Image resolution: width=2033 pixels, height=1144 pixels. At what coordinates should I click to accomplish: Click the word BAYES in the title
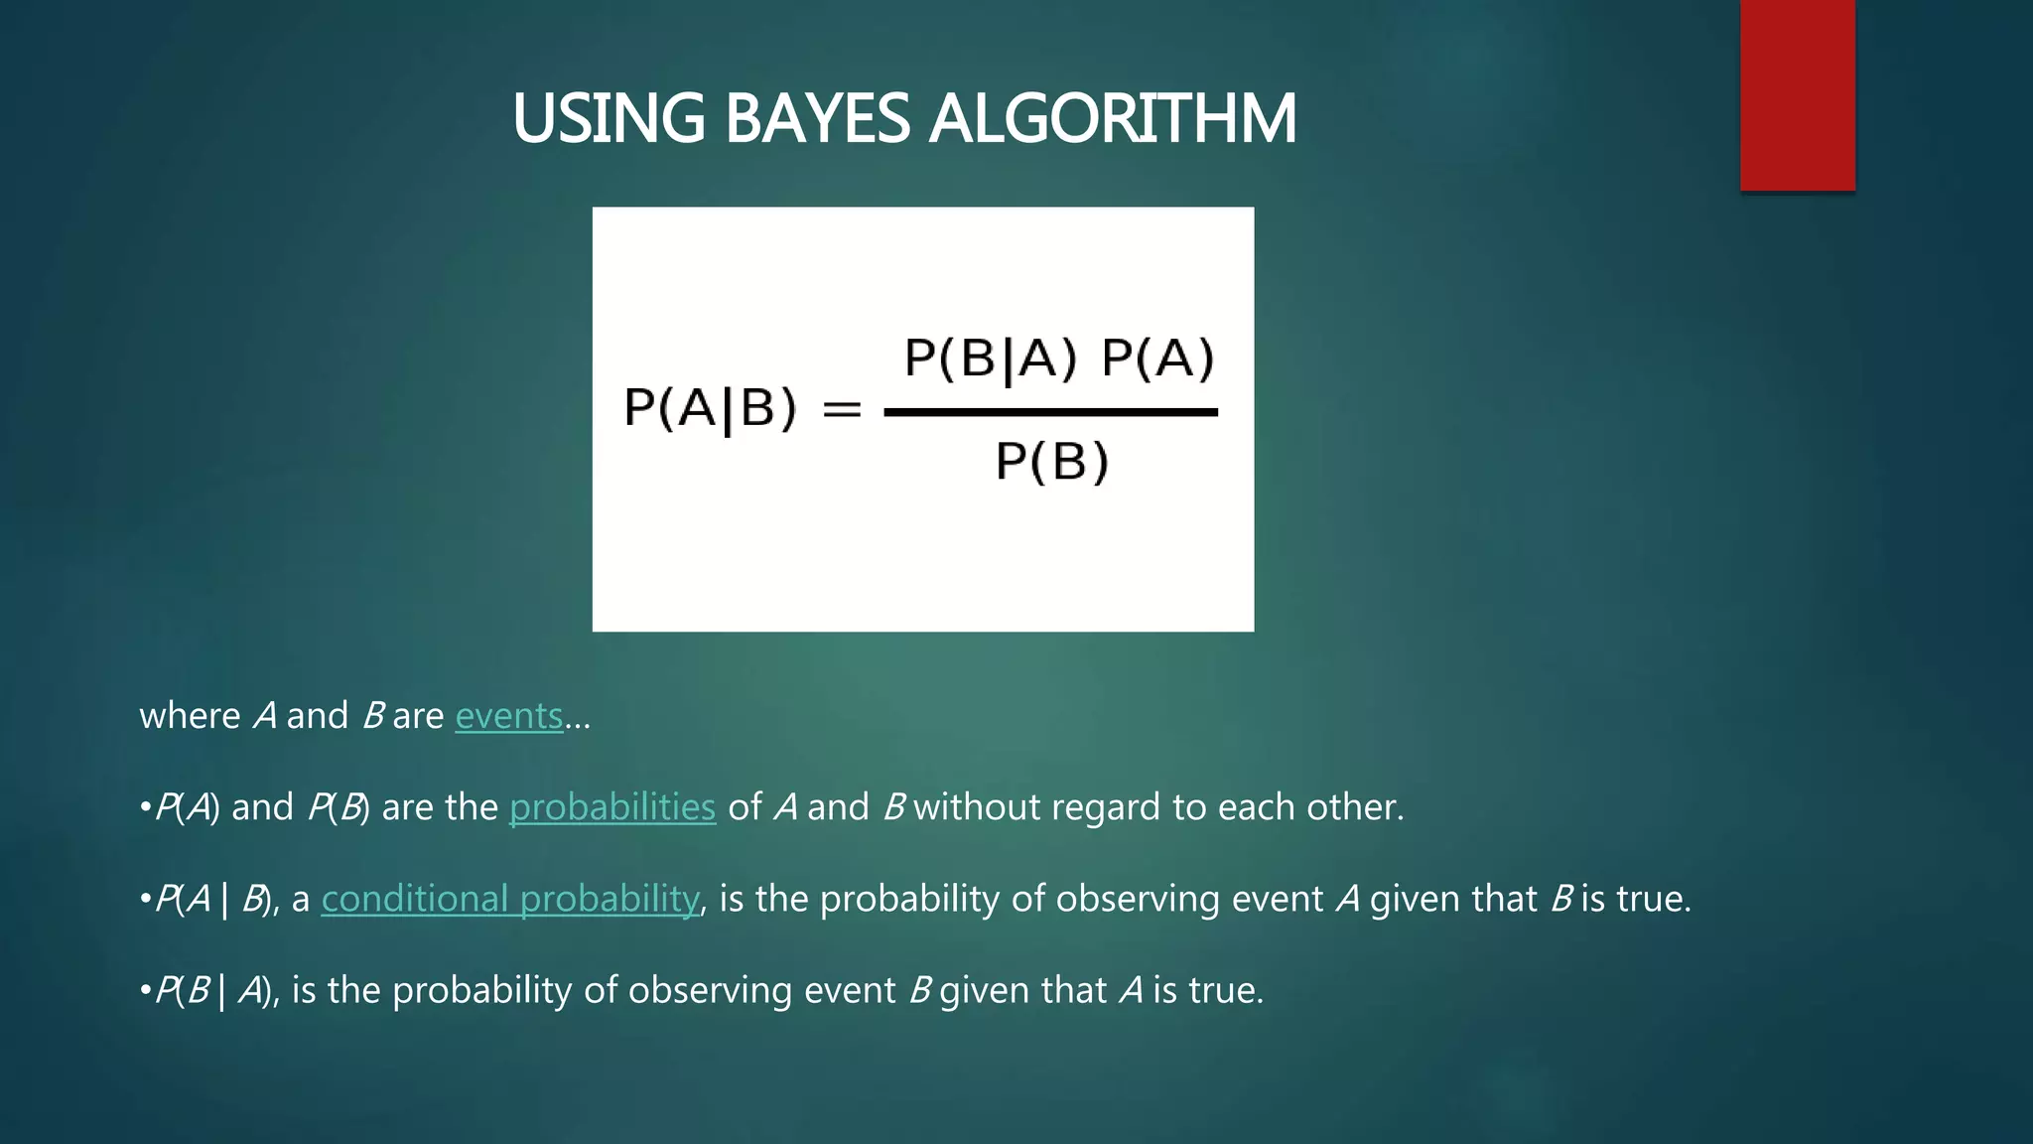coord(816,119)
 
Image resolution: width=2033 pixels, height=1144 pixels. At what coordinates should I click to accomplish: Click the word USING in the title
coord(609,119)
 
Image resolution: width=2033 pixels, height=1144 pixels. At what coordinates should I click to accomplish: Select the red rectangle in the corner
coord(1797,94)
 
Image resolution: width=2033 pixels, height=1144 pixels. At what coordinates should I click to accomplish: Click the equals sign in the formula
coord(842,408)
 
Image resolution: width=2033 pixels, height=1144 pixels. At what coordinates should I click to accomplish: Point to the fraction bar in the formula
coord(1050,412)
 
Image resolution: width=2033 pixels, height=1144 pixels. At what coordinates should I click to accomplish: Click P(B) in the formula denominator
coord(1051,462)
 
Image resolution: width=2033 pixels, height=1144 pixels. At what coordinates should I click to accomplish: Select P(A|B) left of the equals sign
coord(710,408)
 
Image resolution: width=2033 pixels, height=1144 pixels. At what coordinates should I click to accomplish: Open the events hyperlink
coord(508,716)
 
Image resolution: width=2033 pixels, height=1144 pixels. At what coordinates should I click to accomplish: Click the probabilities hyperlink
coord(611,807)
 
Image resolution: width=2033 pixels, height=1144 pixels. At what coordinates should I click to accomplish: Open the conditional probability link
coord(510,899)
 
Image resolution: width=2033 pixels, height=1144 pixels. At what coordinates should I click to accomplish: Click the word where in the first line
coord(190,716)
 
